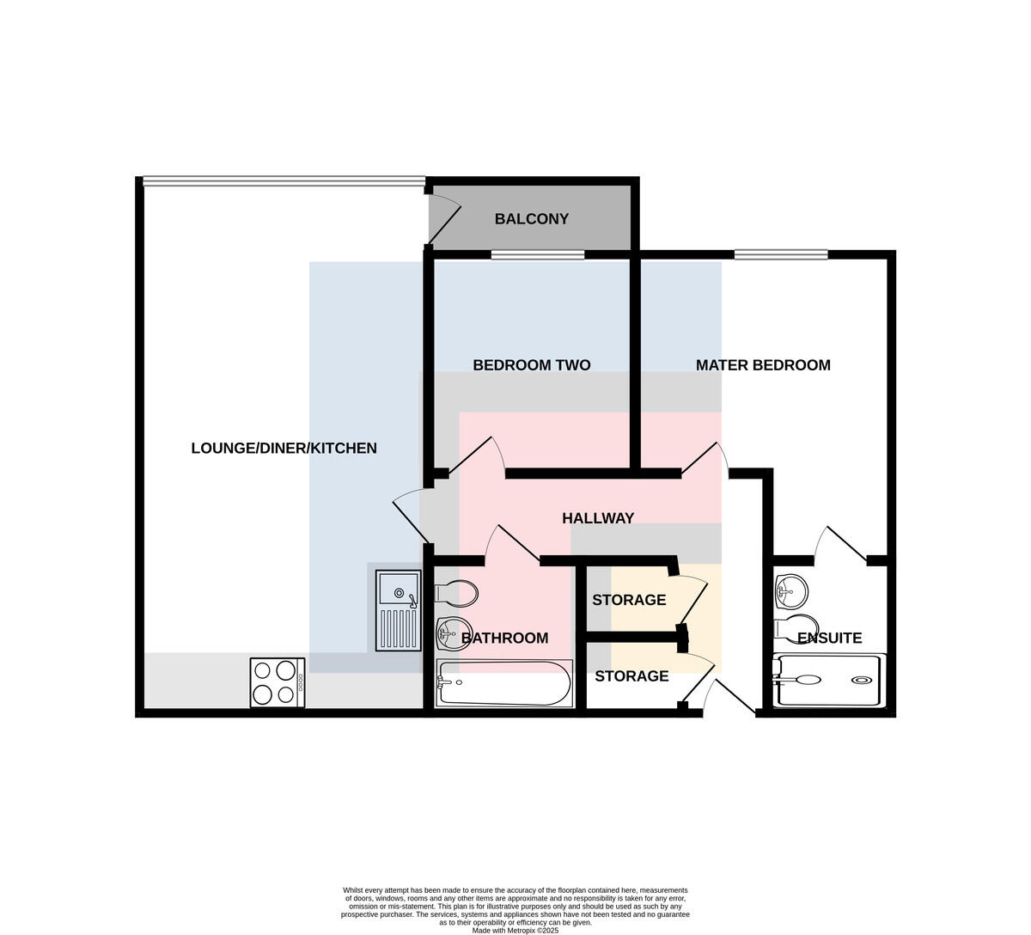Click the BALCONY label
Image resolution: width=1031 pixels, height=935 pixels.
point(532,219)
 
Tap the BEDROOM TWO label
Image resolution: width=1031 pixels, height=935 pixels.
point(532,365)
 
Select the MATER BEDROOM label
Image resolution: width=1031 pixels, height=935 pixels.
point(763,365)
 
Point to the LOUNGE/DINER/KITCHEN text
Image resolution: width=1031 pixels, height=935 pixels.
point(284,449)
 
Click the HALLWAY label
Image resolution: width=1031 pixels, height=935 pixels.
point(598,518)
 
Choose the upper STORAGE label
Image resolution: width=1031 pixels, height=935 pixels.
point(629,600)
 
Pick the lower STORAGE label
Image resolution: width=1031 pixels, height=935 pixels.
point(631,676)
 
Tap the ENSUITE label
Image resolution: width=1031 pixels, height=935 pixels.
point(830,639)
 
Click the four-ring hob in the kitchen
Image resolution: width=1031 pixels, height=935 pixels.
point(278,682)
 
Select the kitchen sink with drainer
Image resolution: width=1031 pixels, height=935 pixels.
point(399,610)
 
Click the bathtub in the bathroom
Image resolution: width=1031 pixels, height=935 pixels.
point(504,683)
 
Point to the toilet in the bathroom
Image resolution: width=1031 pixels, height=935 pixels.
point(456,592)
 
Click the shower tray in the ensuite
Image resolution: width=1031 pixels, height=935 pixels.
point(830,680)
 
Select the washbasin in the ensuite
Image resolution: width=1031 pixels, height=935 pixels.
point(790,590)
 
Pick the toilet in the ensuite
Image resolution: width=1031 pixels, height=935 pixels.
point(796,626)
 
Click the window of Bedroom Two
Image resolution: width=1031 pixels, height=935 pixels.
point(538,254)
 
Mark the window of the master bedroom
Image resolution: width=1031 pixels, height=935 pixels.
point(781,254)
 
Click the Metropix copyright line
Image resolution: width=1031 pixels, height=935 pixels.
point(515,931)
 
